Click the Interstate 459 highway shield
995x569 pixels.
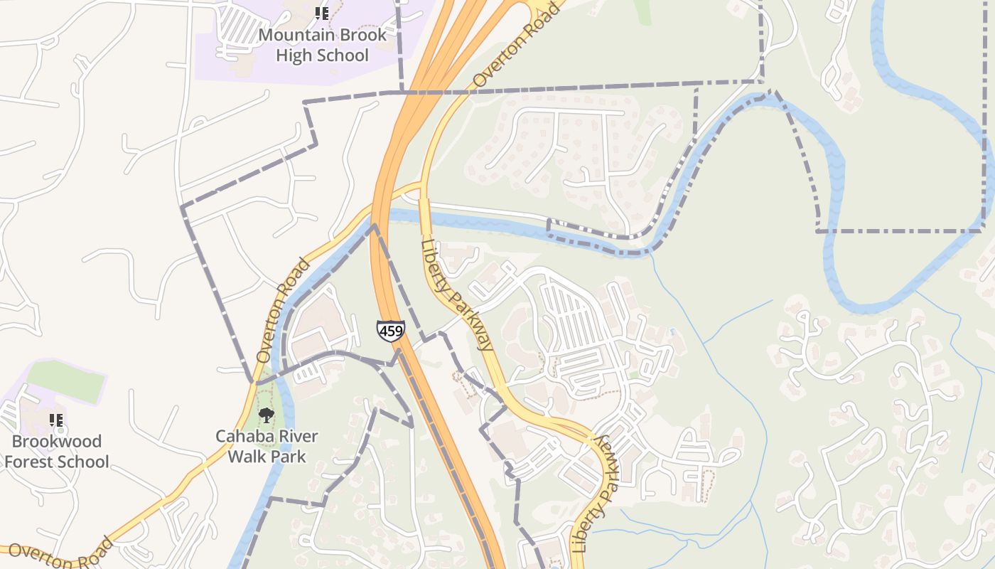pyautogui.click(x=390, y=331)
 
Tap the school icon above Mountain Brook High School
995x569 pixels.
pyautogui.click(x=321, y=14)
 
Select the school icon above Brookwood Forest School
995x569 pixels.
pyautogui.click(x=56, y=420)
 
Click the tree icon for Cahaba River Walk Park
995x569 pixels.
pyautogui.click(x=267, y=415)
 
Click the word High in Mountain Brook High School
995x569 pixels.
pyautogui.click(x=295, y=55)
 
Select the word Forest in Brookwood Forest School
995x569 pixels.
pyautogui.click(x=31, y=462)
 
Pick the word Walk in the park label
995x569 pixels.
pyautogui.click(x=247, y=457)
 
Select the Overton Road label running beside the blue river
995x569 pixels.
pyautogui.click(x=282, y=310)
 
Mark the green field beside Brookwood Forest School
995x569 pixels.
pyautogui.click(x=68, y=381)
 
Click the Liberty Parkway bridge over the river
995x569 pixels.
pyautogui.click(x=424, y=214)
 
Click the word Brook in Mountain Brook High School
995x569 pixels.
pyautogui.click(x=363, y=35)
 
